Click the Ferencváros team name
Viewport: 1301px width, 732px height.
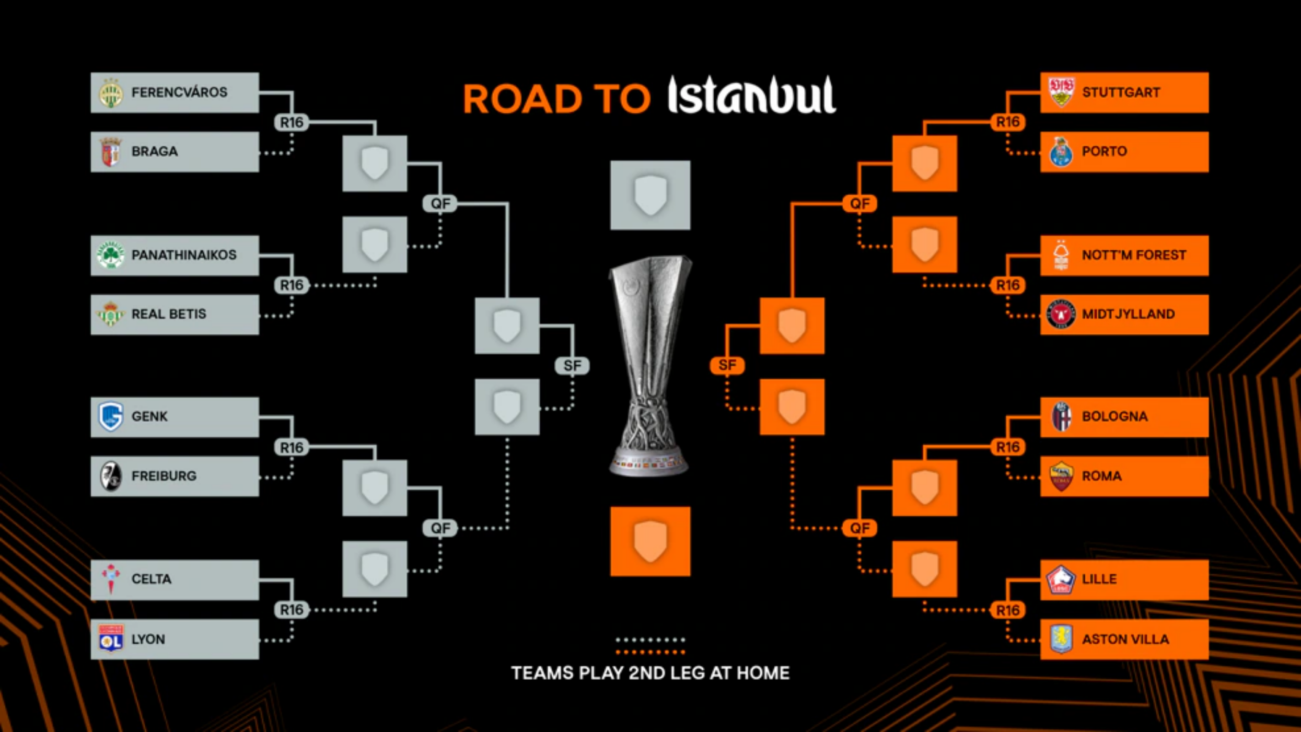point(179,92)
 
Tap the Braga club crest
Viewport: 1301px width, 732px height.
point(111,152)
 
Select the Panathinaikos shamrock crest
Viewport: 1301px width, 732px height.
point(111,255)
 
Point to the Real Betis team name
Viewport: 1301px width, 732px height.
point(169,314)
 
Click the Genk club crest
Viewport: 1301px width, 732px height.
point(111,416)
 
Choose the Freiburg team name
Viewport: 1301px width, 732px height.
point(164,476)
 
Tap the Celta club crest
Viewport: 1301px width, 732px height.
point(111,579)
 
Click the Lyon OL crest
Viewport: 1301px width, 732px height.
point(111,638)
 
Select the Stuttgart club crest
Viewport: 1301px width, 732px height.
point(1061,92)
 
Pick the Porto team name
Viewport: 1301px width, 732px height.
point(1104,152)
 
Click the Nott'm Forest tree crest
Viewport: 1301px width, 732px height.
point(1061,255)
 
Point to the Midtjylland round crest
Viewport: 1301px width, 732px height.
point(1061,314)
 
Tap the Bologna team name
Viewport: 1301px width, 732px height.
point(1114,416)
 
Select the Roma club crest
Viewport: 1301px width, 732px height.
point(1061,476)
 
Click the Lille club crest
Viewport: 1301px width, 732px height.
point(1061,579)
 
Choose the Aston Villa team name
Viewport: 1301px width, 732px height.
point(1125,639)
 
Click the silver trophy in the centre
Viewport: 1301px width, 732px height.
point(650,366)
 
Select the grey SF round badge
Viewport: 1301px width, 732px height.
point(572,366)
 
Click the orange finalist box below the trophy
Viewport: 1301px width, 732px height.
point(650,541)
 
